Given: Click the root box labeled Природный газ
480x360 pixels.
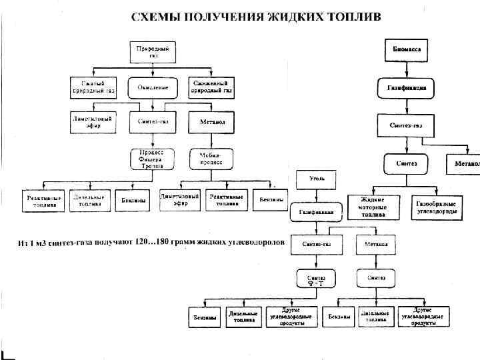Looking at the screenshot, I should click(x=152, y=51).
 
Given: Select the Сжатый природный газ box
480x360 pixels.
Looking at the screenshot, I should click(x=93, y=87).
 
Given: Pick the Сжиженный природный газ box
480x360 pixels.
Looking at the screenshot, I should click(x=210, y=87).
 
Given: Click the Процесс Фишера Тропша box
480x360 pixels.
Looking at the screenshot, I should click(x=152, y=159).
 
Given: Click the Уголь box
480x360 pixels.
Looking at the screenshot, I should click(x=316, y=179).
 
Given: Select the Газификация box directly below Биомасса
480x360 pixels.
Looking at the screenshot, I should click(x=406, y=88).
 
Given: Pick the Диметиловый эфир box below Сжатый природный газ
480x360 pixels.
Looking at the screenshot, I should click(x=93, y=123).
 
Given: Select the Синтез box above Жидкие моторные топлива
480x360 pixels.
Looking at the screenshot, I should click(x=406, y=163).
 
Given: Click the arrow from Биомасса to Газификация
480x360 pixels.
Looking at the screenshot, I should click(x=406, y=69).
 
